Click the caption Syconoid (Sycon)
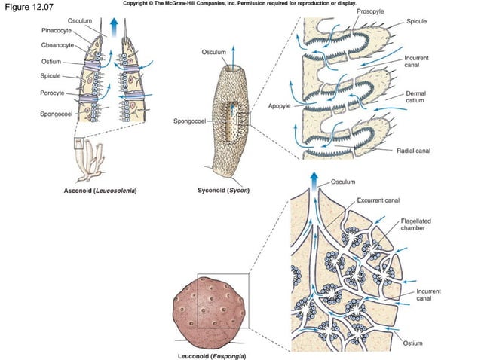pos(218,190)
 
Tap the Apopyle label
pos(279,106)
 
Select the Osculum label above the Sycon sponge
pos(213,52)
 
